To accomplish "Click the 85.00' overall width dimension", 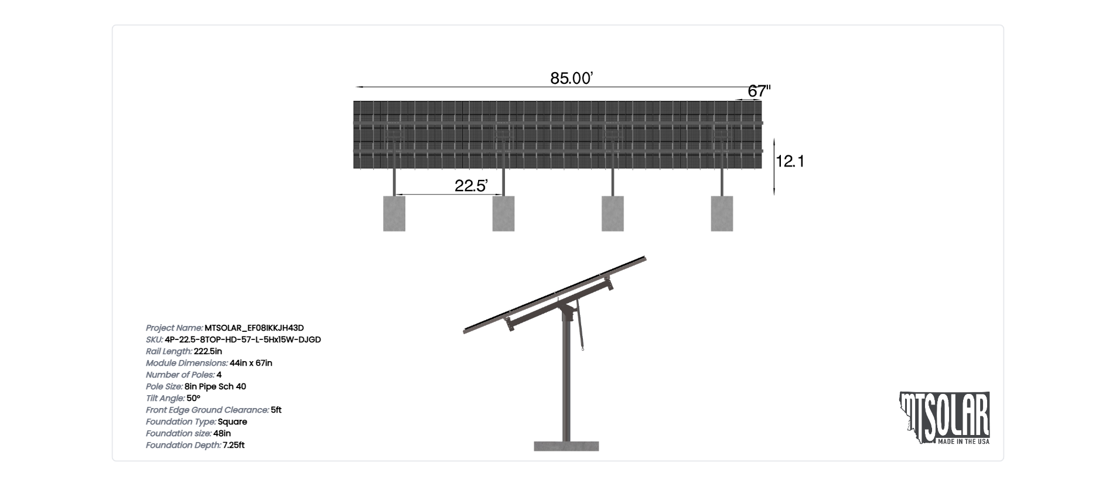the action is tap(571, 78).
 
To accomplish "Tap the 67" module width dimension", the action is tap(759, 91).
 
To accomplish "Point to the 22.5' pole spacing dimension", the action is tap(471, 186).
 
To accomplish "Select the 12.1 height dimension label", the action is tap(790, 161).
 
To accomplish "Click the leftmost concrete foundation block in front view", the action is tap(394, 213).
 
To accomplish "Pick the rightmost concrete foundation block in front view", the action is tap(722, 213).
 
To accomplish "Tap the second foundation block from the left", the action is tap(503, 213).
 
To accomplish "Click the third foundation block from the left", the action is tap(613, 213).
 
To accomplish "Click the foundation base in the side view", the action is tap(566, 446).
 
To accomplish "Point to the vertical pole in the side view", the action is tap(566, 381).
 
